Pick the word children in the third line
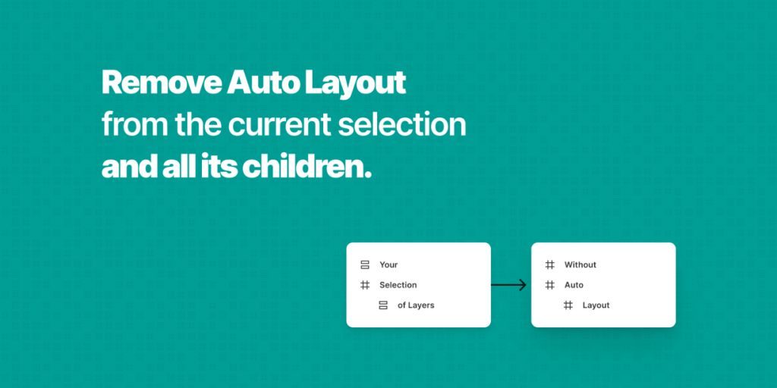tap(306, 167)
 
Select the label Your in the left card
tap(388, 264)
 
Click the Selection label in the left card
tap(398, 285)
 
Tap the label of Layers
tap(416, 305)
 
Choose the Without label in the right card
tap(580, 264)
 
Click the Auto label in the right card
tap(574, 285)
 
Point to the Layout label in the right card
tap(596, 305)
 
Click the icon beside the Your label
tap(365, 264)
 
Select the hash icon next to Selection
tap(365, 285)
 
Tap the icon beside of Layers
tap(383, 305)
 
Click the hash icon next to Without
tap(550, 264)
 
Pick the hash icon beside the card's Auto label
tap(550, 285)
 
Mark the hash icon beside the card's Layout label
tap(568, 305)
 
